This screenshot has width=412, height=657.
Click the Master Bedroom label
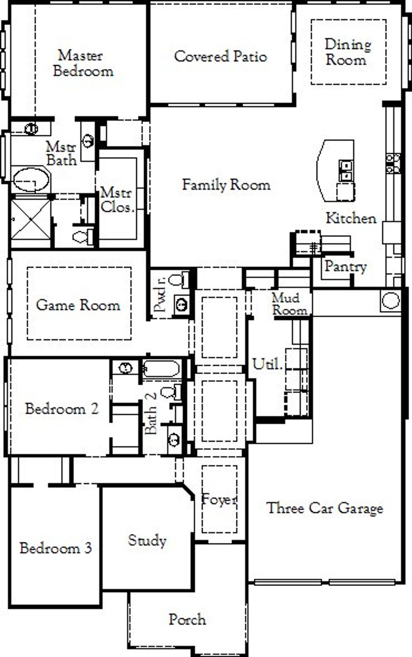coord(83,63)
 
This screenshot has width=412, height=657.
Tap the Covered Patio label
coord(220,56)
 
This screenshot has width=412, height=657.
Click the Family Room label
coord(226,185)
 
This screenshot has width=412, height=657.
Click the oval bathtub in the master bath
coord(31,180)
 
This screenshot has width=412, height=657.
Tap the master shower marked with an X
coord(31,219)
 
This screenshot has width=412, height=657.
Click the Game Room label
coord(78,305)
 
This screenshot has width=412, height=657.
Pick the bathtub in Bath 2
coord(161,368)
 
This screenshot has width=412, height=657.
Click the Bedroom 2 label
coord(62,409)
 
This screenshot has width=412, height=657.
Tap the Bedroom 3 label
coord(56,548)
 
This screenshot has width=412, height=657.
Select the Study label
coord(147,540)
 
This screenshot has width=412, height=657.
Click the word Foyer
coord(219,500)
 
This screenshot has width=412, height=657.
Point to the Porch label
coord(187,619)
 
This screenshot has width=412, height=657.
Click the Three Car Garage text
coord(325,508)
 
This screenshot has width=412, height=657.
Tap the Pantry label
coord(346,266)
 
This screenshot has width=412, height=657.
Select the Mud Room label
coord(289,304)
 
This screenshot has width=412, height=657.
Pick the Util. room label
coord(267,364)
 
